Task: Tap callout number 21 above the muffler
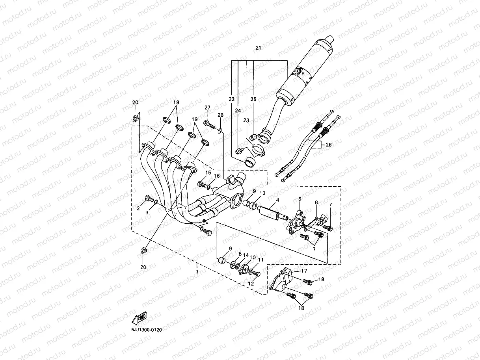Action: click(259, 48)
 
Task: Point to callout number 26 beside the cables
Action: click(328, 145)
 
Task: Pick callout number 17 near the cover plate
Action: click(304, 271)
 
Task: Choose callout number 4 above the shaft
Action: click(277, 200)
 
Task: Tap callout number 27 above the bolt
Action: click(207, 108)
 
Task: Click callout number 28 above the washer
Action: click(220, 115)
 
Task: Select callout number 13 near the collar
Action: click(262, 193)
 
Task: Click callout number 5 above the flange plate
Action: click(300, 200)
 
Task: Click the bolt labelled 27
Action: click(208, 124)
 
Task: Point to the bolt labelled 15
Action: click(202, 184)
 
